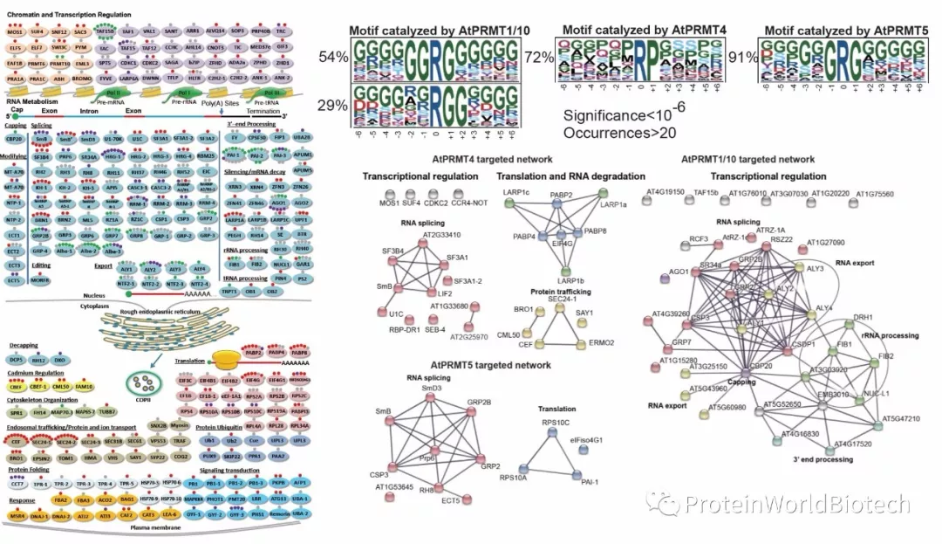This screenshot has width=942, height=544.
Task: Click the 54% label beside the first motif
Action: (334, 57)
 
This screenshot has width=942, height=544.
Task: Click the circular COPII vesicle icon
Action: (139, 380)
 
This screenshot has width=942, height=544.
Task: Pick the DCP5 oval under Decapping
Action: (17, 359)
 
